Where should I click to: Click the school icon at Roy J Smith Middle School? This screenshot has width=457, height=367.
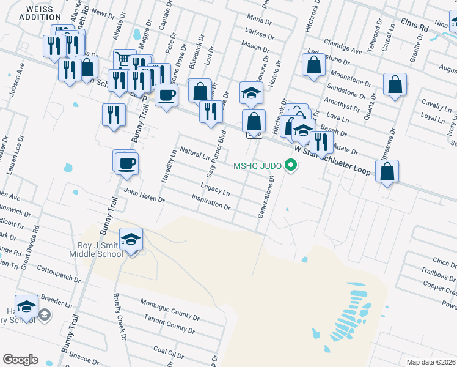click(131, 241)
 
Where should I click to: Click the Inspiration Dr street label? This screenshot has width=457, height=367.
click(211, 202)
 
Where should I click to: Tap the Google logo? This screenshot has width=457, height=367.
click(20, 360)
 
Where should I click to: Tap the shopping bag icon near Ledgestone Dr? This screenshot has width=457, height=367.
click(387, 172)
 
